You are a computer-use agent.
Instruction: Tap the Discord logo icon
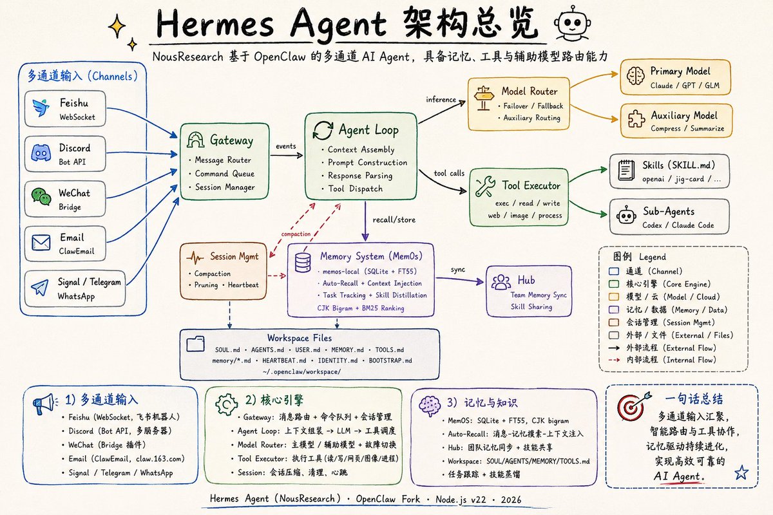click(41, 153)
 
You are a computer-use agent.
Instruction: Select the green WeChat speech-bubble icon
click(41, 196)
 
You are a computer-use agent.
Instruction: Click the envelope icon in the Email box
click(41, 243)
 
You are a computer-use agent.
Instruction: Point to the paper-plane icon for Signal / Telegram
click(40, 288)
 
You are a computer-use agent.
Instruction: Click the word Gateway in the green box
click(231, 140)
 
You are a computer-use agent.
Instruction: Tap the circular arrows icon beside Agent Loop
click(323, 131)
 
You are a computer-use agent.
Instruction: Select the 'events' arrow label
click(286, 146)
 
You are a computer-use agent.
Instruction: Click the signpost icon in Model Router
click(484, 98)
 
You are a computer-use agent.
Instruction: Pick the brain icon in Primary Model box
click(635, 75)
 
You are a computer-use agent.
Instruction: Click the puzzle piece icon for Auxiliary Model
click(636, 119)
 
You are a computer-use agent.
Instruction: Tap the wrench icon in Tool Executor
click(485, 186)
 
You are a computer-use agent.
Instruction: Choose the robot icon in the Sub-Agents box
click(626, 215)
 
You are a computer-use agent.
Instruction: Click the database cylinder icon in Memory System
click(303, 263)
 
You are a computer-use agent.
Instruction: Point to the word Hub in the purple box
click(526, 280)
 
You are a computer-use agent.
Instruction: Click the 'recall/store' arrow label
click(394, 220)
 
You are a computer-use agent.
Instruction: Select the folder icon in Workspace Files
click(195, 344)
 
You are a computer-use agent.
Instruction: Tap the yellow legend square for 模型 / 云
click(614, 297)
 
